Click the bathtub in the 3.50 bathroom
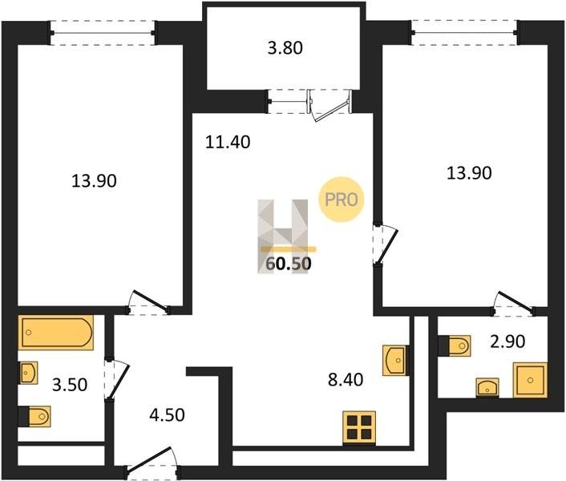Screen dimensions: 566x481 coord(56,333)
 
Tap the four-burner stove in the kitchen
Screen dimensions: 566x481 coord(359,427)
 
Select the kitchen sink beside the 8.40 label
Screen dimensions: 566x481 coord(394,361)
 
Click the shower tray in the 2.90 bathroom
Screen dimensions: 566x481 coord(530,380)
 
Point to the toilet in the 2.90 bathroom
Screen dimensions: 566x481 coord(455,346)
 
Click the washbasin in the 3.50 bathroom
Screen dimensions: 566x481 coord(28,373)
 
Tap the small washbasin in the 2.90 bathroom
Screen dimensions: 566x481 coord(487,388)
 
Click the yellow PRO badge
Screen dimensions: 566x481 coord(341,200)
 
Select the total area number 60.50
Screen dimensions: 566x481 coord(289,264)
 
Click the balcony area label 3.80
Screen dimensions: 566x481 coord(285,48)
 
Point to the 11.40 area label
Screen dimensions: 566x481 coord(228,142)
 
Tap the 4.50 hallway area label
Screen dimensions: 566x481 coord(167,415)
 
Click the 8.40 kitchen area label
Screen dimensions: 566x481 coord(346,380)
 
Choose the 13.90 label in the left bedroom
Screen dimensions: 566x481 coord(94,181)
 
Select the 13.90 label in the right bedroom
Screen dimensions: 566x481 coord(469,173)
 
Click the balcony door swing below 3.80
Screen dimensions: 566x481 coord(329,106)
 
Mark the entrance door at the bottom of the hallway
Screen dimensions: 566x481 coord(152,462)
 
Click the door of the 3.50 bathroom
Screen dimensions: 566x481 coord(117,379)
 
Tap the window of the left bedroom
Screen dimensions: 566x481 coord(103,33)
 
